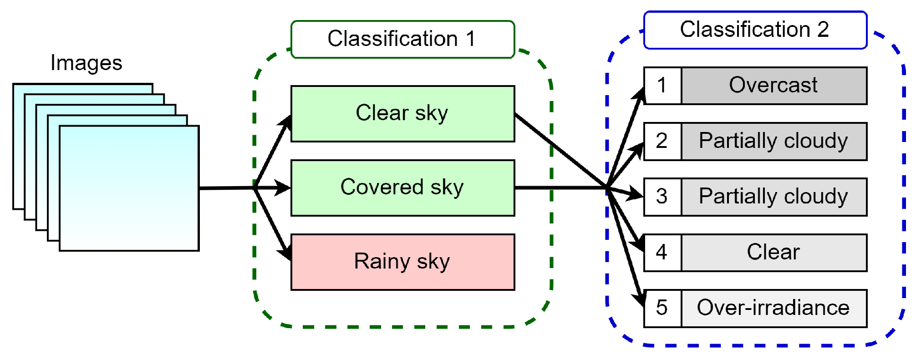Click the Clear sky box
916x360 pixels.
402,114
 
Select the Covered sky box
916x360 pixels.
402,188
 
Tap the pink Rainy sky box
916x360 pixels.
402,262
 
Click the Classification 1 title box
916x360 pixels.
402,39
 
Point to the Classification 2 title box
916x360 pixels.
755,30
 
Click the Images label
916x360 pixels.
86,63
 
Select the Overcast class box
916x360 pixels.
774,86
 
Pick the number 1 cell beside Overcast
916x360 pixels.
662,86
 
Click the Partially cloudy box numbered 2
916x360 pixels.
774,141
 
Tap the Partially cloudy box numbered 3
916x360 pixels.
774,197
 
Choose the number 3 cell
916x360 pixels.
662,197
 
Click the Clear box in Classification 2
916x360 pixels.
774,253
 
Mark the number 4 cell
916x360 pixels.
662,253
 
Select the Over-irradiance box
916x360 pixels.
774,308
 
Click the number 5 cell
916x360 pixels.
662,308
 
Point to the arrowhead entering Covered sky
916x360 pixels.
283,188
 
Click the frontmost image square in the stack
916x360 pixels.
129,188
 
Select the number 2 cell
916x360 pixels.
662,141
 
